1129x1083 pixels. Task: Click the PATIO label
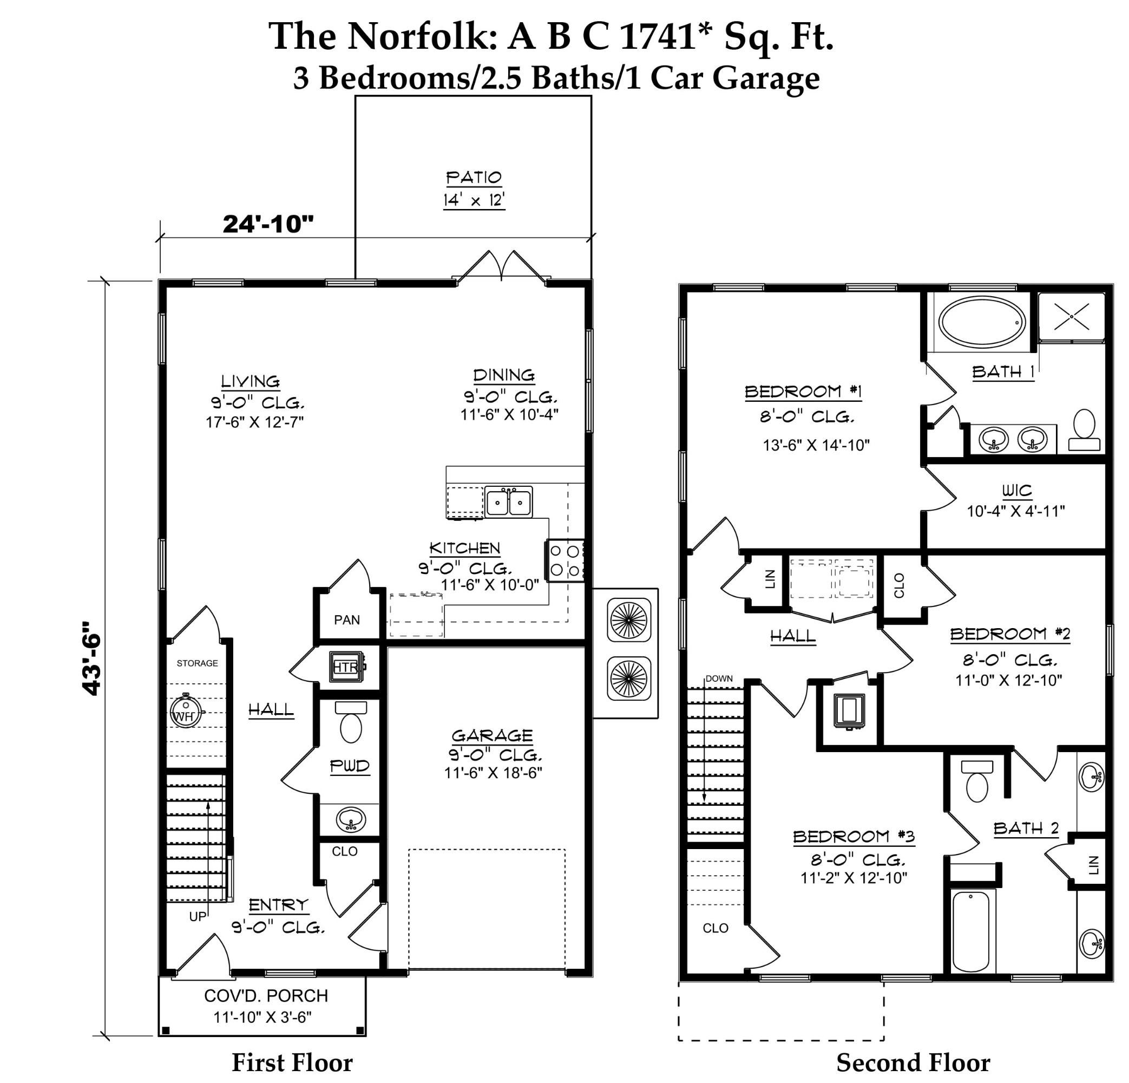click(x=474, y=178)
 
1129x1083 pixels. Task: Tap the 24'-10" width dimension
click(x=268, y=224)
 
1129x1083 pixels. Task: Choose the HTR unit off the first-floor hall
click(x=347, y=667)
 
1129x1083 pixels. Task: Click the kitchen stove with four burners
click(x=564, y=560)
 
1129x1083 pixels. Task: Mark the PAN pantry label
click(x=347, y=619)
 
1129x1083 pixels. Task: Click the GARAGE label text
click(x=492, y=735)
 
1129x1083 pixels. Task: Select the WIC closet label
click(x=1016, y=491)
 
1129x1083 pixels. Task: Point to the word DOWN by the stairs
click(x=719, y=678)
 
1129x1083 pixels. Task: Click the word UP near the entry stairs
click(x=198, y=916)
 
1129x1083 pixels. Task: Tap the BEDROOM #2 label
click(x=1010, y=634)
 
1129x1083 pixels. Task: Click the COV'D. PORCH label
click(x=266, y=995)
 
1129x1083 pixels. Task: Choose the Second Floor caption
click(x=913, y=1062)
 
